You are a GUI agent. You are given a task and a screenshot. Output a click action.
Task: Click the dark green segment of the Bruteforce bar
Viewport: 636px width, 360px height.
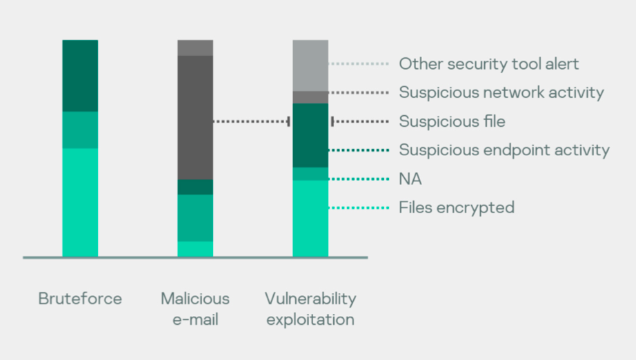(80, 76)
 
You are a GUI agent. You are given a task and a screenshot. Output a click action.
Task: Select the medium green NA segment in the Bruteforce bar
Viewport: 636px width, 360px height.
(80, 130)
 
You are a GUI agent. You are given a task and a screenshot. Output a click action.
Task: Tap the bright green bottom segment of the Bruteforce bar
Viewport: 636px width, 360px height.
(80, 202)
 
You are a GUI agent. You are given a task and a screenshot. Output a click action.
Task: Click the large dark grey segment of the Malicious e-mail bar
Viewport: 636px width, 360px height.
(195, 117)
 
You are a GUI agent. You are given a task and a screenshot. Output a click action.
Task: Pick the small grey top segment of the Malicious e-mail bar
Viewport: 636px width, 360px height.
(195, 48)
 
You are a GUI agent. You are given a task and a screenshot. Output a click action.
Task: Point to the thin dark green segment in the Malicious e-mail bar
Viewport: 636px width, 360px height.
(195, 187)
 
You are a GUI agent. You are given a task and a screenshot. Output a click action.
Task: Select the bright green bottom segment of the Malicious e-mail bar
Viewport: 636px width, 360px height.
(195, 249)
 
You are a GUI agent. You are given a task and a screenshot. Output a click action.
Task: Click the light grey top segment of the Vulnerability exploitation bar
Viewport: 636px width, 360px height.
(310, 66)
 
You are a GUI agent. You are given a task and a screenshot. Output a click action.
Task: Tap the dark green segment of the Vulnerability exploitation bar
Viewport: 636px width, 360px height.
(310, 135)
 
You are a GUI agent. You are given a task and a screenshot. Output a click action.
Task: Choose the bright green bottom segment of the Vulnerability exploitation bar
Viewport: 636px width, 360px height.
(310, 219)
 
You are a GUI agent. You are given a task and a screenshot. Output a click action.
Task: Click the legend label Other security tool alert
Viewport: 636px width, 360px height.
(489, 64)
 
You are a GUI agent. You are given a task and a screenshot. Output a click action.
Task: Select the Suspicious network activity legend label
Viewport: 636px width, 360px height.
(501, 93)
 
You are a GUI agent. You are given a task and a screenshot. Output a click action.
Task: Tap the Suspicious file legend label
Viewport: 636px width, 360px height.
(453, 121)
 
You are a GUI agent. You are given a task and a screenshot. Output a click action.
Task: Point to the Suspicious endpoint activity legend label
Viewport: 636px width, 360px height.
(504, 150)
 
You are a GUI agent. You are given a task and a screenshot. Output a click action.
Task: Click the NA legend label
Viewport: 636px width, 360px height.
(410, 179)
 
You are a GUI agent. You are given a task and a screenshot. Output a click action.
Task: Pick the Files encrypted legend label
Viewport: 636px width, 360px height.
(457, 208)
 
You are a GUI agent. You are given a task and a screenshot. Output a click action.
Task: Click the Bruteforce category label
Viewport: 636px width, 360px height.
(80, 299)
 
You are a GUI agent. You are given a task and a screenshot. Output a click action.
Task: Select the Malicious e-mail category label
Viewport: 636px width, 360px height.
(195, 309)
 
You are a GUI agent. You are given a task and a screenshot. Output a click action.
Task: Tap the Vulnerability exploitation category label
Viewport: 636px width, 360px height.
(310, 309)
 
